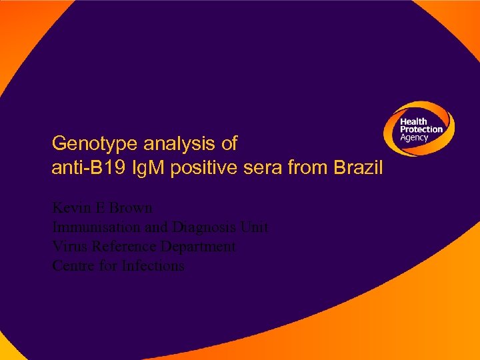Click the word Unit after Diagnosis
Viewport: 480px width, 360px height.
coord(255,227)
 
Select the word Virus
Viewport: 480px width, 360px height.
coord(69,247)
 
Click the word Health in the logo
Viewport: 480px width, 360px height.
coord(413,121)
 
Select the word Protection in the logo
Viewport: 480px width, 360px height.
coord(421,129)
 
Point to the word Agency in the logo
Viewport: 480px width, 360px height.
coord(414,137)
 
